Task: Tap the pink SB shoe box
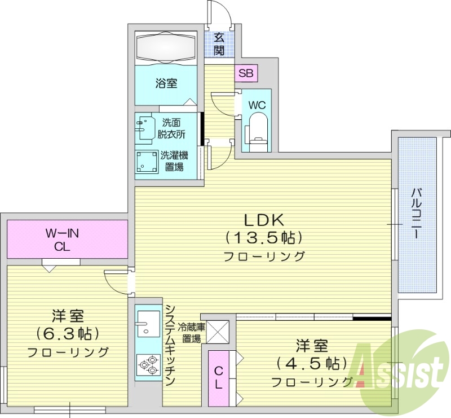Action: point(246,73)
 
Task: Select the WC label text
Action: point(257,105)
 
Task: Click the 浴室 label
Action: point(166,84)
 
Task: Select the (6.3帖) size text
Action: point(67,333)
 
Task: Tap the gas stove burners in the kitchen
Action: point(148,365)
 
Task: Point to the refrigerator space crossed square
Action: point(218,332)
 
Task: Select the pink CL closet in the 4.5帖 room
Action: point(218,378)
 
